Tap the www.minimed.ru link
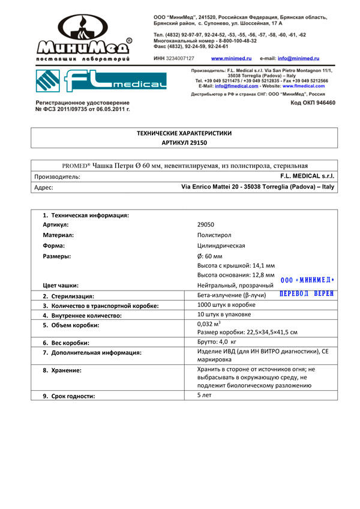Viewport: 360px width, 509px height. pyautogui.click(x=231, y=58)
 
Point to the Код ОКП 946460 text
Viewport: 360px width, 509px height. pyautogui.click(x=312, y=103)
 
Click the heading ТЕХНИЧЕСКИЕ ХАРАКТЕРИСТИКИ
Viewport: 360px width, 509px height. pyautogui.click(x=184, y=133)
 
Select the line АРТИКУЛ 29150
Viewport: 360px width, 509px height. pyautogui.click(x=184, y=143)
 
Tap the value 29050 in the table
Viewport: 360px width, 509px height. pyautogui.click(x=206, y=224)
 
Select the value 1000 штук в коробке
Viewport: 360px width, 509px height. pyautogui.click(x=226, y=305)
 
